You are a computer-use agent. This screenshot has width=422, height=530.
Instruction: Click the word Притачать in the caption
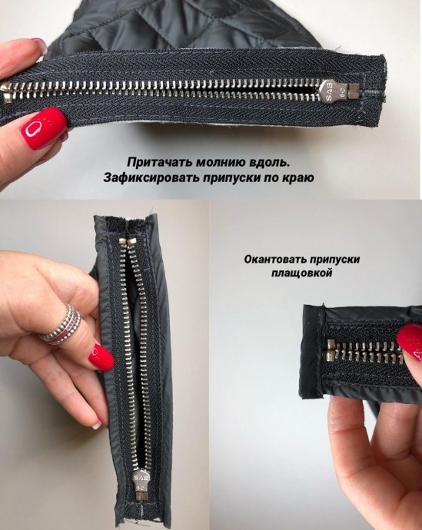point(155,163)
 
